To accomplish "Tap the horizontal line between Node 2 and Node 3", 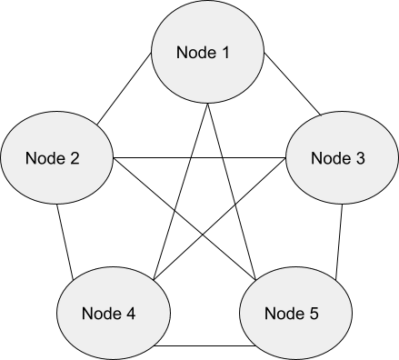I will coord(200,158).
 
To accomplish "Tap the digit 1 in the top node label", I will coord(225,52).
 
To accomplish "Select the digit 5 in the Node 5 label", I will coord(314,314).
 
